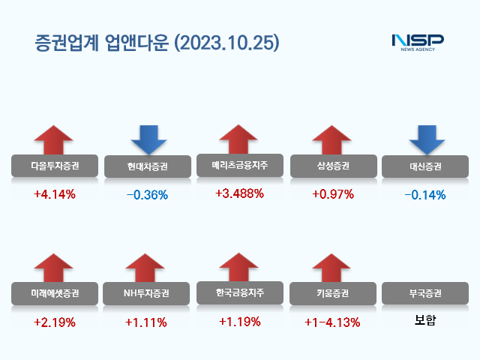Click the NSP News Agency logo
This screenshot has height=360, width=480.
coord(418,42)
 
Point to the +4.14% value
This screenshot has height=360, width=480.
coord(55,194)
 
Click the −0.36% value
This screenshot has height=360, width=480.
coord(147,195)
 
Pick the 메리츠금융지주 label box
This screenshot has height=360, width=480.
coord(239,165)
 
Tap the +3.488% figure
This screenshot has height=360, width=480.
coord(239,193)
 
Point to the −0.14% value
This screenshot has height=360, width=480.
coord(424,195)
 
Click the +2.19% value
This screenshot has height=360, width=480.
coord(55,322)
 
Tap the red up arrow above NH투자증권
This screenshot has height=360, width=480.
coord(147,268)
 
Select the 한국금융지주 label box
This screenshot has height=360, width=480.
coord(239,292)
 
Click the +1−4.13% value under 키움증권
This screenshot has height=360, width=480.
coord(332,322)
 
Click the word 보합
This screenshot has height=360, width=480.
coord(424,322)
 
